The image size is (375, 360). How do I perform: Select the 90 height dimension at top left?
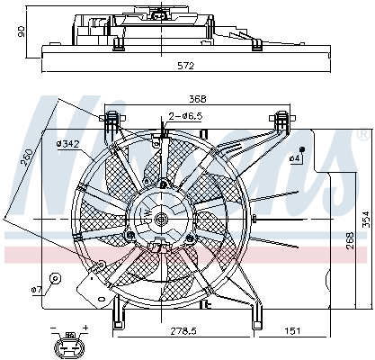22,32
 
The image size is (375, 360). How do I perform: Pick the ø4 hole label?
294,159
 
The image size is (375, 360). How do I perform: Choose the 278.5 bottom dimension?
184,332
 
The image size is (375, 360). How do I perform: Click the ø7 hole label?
37,289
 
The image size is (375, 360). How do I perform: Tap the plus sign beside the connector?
85,328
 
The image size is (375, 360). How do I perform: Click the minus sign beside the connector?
54,328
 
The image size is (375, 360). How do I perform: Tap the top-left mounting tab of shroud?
114,120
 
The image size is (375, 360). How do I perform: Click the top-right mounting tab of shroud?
282,120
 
